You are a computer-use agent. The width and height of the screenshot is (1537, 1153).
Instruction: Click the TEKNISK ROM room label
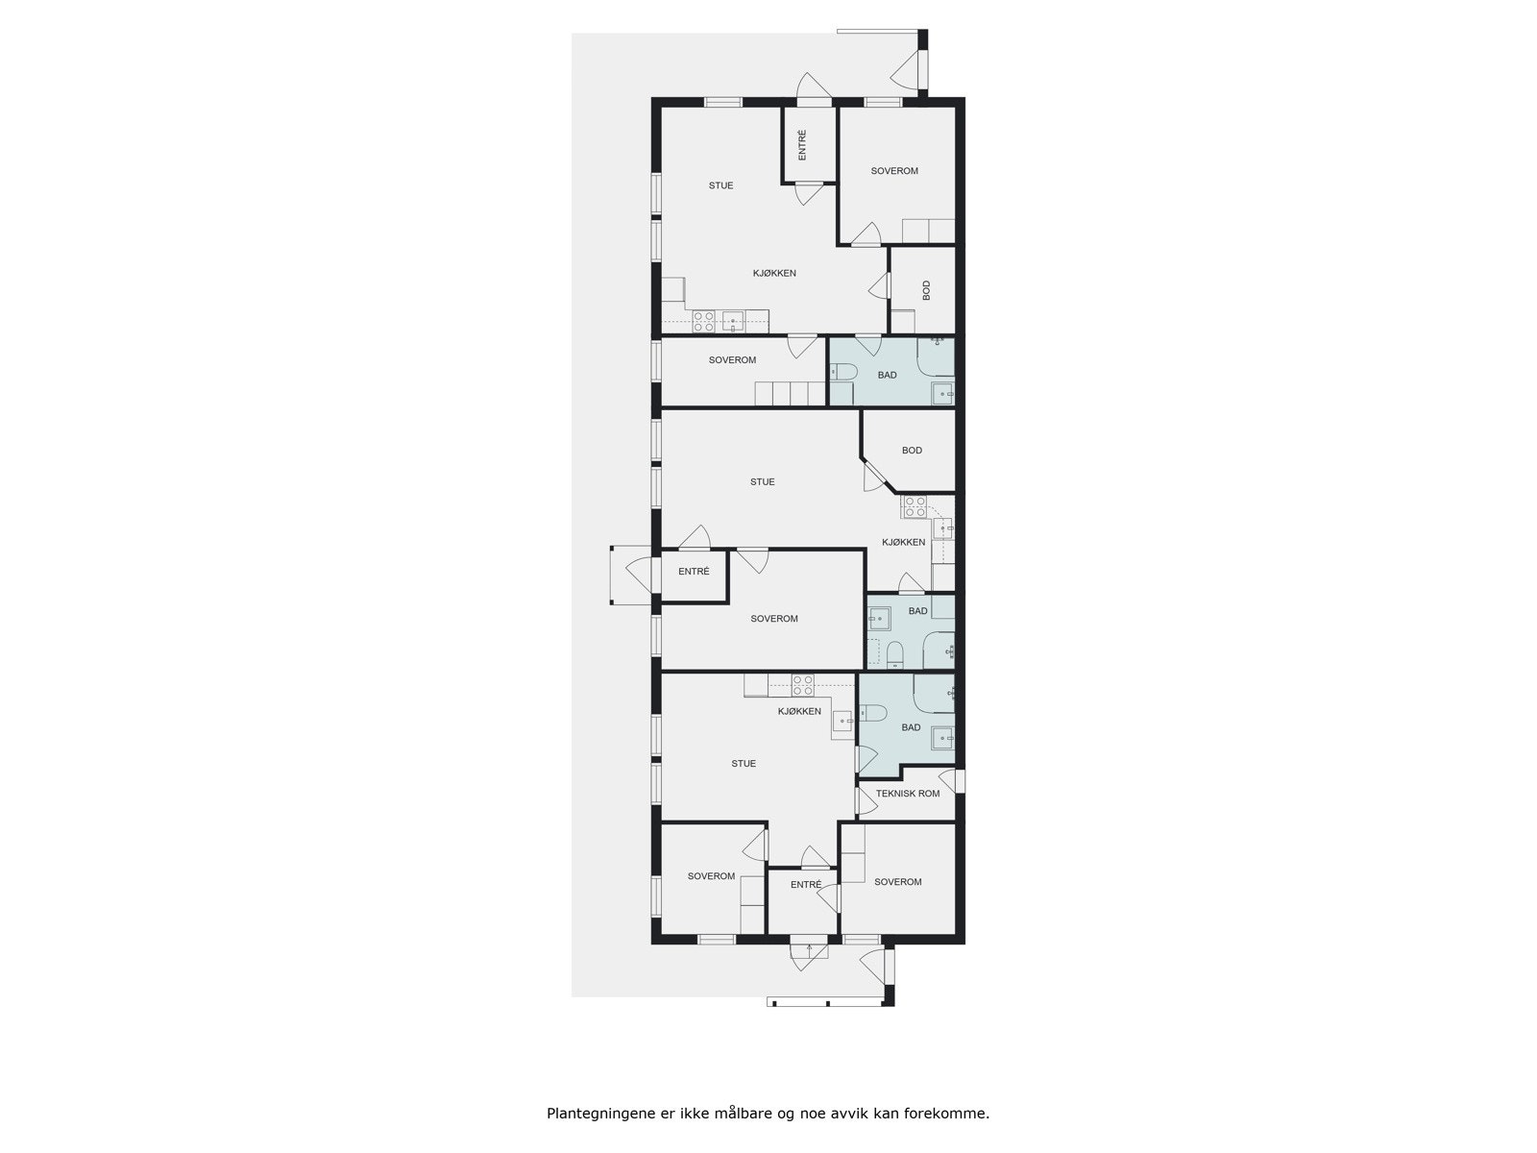tap(908, 794)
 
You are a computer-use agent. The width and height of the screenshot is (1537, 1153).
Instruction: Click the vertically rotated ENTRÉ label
tap(802, 145)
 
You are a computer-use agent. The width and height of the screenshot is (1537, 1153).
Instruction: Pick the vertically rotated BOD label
tap(926, 290)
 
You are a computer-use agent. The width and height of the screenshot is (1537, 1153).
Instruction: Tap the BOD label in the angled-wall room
tap(912, 450)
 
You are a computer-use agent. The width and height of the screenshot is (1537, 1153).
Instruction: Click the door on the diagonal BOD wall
tap(873, 478)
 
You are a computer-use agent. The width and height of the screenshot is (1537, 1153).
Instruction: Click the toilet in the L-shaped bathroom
tap(871, 712)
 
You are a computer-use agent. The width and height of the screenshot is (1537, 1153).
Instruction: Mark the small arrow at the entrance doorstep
tap(809, 949)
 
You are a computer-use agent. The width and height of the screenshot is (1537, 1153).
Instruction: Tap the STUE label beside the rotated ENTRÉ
tap(720, 185)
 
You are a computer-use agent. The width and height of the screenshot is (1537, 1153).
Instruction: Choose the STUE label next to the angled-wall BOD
tap(762, 482)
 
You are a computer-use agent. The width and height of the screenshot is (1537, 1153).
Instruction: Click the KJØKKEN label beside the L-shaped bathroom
tap(799, 711)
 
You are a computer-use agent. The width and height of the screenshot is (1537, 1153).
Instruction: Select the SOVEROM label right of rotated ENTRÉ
tap(894, 171)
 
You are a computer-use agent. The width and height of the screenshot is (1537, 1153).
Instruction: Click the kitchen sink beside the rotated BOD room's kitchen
tap(733, 321)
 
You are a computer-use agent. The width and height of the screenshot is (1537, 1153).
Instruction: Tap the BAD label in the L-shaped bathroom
tap(911, 727)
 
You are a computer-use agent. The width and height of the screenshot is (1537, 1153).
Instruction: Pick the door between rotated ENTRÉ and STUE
tap(808, 193)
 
